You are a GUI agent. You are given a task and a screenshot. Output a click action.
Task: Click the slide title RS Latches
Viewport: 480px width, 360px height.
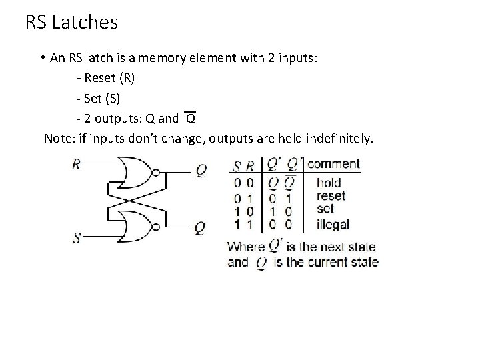coord(71,23)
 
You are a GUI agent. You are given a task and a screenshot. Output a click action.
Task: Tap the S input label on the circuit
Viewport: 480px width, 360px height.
coord(77,237)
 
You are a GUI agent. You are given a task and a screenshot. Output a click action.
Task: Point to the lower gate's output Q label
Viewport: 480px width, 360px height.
coord(199,227)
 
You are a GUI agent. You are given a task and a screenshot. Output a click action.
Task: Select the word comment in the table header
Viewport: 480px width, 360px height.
coord(333,164)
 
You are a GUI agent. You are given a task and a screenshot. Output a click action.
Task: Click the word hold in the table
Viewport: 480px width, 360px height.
coord(329,183)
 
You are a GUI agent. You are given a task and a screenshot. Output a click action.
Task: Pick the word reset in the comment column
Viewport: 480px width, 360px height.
coord(331,196)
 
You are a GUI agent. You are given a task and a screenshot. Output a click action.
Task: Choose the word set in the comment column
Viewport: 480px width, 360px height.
coord(325,209)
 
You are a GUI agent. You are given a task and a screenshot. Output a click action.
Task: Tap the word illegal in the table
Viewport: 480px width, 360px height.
coord(333,224)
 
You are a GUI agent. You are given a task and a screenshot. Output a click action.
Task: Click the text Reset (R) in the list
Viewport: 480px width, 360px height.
coord(105,78)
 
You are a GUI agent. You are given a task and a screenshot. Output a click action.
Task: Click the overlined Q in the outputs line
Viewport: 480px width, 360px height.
coord(190,119)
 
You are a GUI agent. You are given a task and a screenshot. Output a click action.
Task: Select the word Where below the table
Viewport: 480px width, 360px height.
coord(247,247)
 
